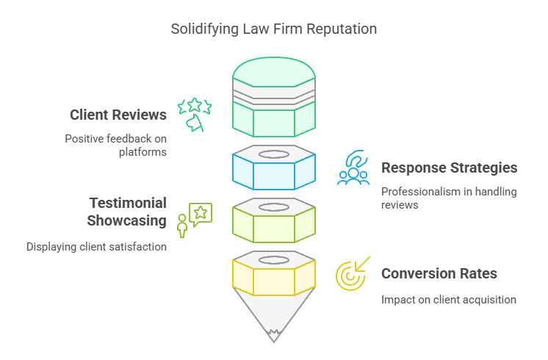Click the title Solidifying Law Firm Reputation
[x=273, y=29]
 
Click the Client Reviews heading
[x=118, y=115]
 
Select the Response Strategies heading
[x=449, y=168]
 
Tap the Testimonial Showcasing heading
[x=128, y=212]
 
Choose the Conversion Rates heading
[x=439, y=273]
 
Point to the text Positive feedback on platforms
[x=115, y=145]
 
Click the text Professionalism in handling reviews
[x=449, y=198]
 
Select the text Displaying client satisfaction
[x=96, y=247]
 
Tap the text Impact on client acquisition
[x=449, y=300]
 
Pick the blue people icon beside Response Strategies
[x=353, y=168]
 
